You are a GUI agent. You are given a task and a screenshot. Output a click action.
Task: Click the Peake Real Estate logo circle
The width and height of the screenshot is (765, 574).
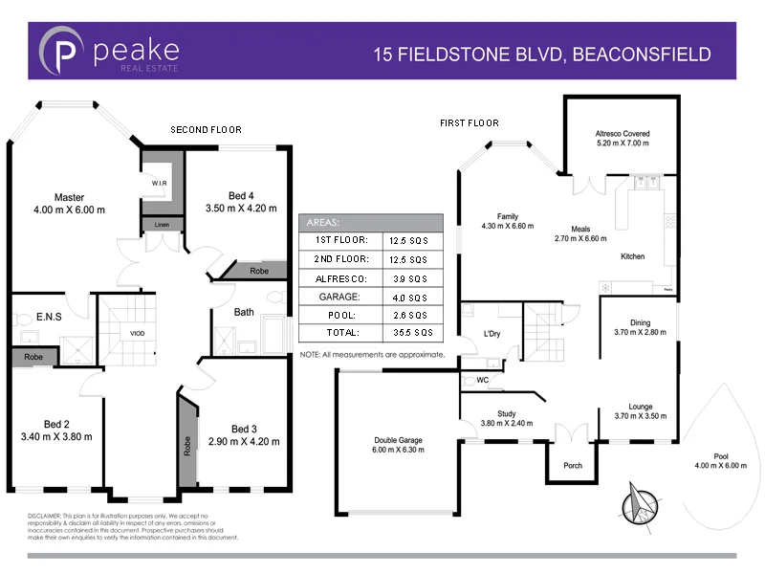[64, 51]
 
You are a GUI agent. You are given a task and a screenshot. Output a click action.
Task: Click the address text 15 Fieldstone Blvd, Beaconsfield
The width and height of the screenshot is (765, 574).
[541, 54]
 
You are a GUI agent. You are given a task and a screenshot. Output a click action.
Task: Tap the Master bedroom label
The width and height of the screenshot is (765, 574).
[70, 198]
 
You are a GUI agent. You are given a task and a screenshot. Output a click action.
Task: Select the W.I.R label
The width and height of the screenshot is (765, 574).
[159, 183]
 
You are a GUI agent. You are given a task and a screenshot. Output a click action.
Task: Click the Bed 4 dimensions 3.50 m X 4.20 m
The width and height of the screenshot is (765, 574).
[241, 208]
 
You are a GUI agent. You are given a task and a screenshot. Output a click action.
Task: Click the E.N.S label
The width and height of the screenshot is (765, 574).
[35, 317]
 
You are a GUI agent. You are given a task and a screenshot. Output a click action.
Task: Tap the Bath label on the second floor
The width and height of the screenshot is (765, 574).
[244, 312]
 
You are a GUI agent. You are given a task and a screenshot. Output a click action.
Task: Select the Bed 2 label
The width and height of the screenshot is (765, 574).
[55, 424]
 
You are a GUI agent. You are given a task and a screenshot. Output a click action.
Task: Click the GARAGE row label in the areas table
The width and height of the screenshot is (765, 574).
[338, 297]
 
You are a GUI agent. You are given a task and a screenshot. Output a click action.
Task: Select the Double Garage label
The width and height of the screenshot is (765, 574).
[398, 441]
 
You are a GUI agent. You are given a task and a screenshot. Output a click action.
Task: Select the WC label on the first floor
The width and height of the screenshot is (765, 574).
[482, 380]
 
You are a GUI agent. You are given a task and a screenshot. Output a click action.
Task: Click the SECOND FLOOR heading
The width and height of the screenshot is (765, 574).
[206, 129]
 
